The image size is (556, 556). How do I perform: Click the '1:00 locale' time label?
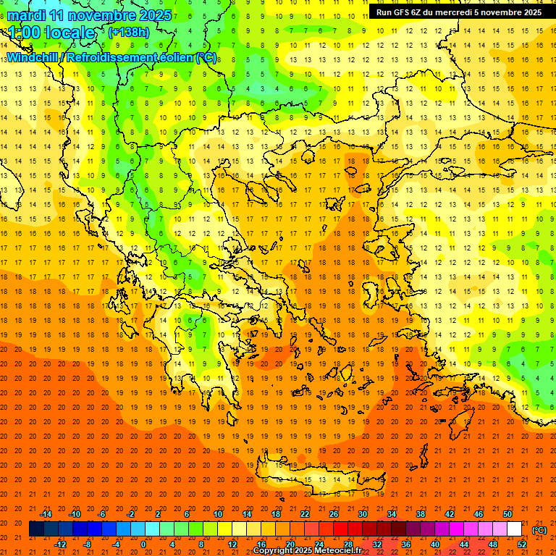coord(51,33)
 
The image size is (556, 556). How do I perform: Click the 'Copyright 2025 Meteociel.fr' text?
coord(307,551)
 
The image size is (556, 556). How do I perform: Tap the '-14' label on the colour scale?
coord(46,513)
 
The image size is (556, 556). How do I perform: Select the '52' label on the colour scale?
coord(522,544)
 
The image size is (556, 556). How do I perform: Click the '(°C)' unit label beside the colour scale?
coord(539,529)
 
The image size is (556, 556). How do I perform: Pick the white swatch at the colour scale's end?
coord(514,529)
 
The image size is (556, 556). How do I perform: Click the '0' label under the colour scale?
coord(143,544)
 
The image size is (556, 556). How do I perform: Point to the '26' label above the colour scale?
coord(334,513)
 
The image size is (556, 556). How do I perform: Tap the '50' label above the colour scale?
coord(507,513)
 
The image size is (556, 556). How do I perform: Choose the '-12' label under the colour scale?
coord(61,544)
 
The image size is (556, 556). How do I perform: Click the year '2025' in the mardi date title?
coord(153,15)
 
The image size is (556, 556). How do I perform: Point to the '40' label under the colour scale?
coord(435,544)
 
